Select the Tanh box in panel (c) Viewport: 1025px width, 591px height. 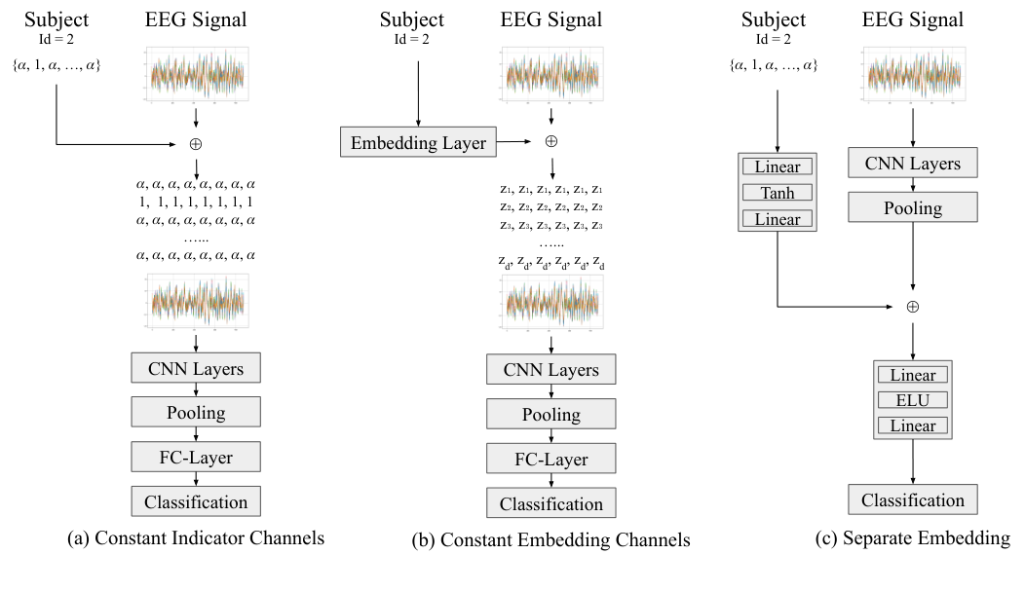pyautogui.click(x=776, y=193)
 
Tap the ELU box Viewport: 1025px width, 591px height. pyautogui.click(x=913, y=400)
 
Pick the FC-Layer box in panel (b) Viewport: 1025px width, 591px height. pyautogui.click(x=551, y=459)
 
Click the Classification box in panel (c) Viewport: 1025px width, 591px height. pyautogui.click(x=913, y=500)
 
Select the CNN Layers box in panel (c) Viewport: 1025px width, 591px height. pyautogui.click(x=913, y=165)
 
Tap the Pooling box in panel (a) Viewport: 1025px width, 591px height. pyautogui.click(x=198, y=413)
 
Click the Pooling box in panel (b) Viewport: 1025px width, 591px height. pyautogui.click(x=551, y=415)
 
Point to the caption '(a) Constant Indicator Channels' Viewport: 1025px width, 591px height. pyautogui.click(x=197, y=536)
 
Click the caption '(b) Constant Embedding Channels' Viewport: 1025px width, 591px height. pyautogui.click(x=551, y=538)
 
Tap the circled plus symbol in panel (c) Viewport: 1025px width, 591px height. pyautogui.click(x=913, y=306)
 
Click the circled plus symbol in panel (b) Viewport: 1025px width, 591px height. pyautogui.click(x=551, y=141)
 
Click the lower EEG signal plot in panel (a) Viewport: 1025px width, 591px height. pyautogui.click(x=198, y=304)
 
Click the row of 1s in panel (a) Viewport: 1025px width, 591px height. pyautogui.click(x=198, y=202)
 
